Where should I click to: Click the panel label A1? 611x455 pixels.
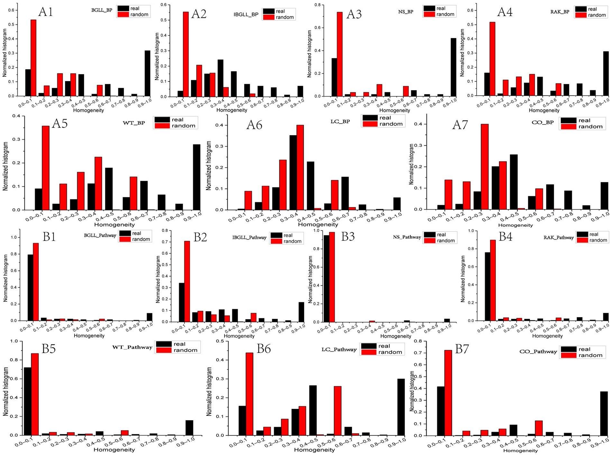[x=45, y=12]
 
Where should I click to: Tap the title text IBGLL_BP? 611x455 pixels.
[x=246, y=14]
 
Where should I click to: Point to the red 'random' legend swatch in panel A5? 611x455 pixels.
[x=162, y=126]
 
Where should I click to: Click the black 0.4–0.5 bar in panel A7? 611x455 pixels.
[x=514, y=182]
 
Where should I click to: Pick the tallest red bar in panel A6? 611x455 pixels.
[x=300, y=167]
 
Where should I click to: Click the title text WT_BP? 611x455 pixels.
[x=134, y=123]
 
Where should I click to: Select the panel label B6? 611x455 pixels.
[x=263, y=349]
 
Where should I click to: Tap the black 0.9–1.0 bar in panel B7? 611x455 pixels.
[x=604, y=413]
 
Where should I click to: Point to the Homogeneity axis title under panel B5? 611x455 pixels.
[x=114, y=450]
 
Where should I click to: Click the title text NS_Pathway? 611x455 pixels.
[x=407, y=237]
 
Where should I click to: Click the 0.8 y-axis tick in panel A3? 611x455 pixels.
[x=317, y=5]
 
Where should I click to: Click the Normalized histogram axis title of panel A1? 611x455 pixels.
[x=5, y=53]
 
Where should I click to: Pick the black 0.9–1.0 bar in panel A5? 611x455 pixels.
[x=196, y=177]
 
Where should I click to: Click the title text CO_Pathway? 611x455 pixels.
[x=538, y=351]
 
